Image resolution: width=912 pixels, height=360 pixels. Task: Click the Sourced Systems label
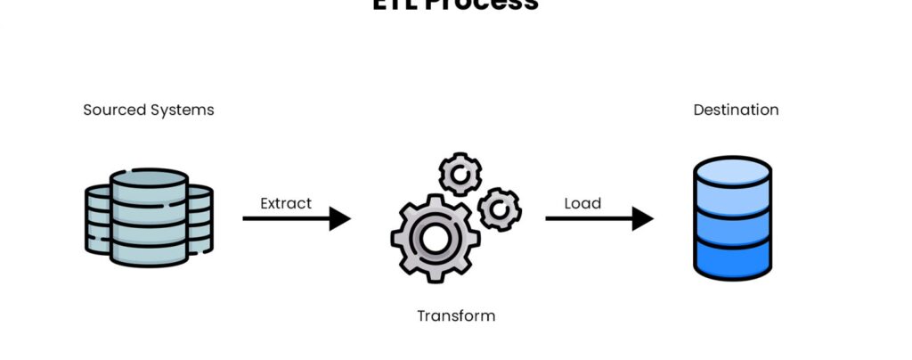pos(149,110)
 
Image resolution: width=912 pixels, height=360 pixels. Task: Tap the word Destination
pos(736,110)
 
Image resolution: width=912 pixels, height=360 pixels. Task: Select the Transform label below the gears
pos(456,315)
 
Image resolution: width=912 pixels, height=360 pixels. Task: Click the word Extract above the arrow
pos(286,203)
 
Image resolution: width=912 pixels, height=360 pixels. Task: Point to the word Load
pos(582,203)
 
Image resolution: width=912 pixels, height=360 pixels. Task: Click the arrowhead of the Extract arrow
pos(340,218)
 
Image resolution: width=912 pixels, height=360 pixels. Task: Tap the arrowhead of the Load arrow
pos(643,218)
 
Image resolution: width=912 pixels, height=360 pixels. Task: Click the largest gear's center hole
pos(434,238)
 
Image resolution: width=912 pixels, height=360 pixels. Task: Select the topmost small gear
pos(460,173)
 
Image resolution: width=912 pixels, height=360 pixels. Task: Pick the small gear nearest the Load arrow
pos(499,209)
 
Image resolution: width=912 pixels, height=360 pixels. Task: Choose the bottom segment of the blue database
pos(732,261)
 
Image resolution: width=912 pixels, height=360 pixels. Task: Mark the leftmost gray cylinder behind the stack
pos(97,218)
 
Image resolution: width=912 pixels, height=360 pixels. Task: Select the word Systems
pos(183,110)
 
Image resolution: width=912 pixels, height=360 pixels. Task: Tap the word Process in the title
pos(493,4)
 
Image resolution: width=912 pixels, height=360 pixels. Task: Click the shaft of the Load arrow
pos(588,218)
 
